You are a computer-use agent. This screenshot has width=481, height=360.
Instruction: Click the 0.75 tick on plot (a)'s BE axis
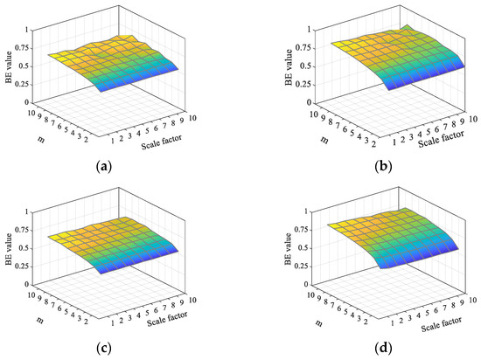click(25, 47)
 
